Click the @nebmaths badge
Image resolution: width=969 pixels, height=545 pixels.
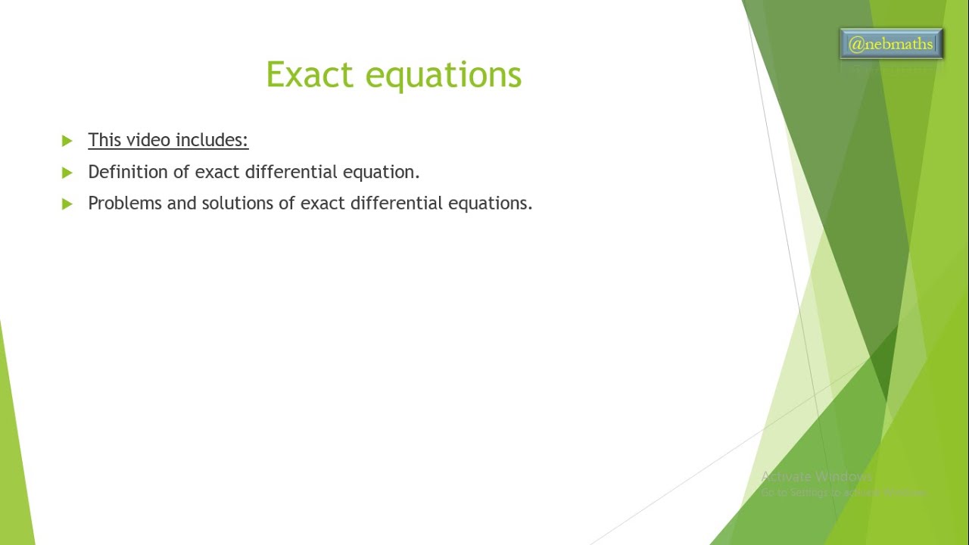pos(891,45)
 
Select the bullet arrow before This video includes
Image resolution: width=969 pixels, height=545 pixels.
pos(67,141)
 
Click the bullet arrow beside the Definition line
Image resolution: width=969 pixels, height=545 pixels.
pos(67,173)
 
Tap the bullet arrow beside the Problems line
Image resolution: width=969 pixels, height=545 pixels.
pos(67,204)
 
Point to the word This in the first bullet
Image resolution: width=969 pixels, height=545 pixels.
pos(104,140)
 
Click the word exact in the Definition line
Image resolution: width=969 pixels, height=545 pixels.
pos(217,172)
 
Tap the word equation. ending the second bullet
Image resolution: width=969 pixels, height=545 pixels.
pos(382,173)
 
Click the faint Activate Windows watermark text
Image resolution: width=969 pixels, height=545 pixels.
pos(816,477)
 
